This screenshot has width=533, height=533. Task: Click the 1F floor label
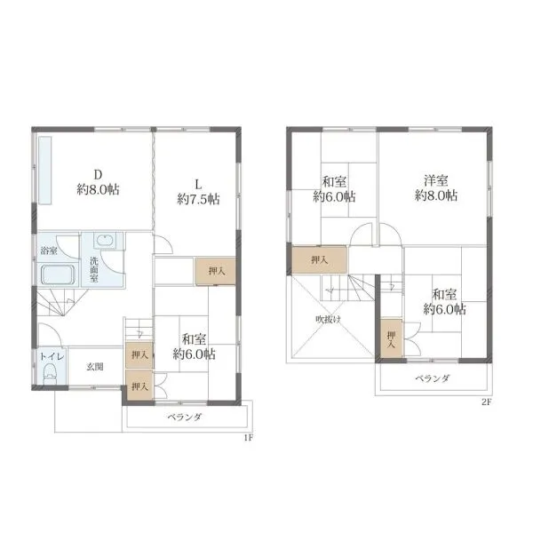tap(249, 437)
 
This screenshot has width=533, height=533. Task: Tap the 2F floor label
tap(487, 402)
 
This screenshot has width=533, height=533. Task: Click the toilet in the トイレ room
tap(51, 374)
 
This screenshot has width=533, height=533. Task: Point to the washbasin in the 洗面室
tap(105, 241)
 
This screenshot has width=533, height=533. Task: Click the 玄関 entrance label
tap(95, 367)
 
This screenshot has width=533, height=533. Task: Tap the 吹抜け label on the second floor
tap(328, 319)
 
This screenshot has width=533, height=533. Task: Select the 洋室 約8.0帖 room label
tap(436, 188)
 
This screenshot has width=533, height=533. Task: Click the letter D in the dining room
tap(98, 175)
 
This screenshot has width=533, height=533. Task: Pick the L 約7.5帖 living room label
tap(198, 192)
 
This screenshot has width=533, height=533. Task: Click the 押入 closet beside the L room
tap(215, 271)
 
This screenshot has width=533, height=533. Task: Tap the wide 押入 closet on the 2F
tap(320, 260)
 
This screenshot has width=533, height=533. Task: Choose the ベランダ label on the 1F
tap(185, 417)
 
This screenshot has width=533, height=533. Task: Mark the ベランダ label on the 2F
tap(433, 378)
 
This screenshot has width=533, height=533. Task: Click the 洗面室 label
tap(94, 269)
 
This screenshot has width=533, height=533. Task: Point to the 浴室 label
tap(49, 251)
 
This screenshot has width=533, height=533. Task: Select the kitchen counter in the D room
tap(45, 171)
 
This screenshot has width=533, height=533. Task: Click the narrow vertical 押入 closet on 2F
tap(391, 338)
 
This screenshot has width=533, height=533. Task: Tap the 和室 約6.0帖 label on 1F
tap(194, 346)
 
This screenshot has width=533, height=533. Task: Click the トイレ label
tap(52, 356)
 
